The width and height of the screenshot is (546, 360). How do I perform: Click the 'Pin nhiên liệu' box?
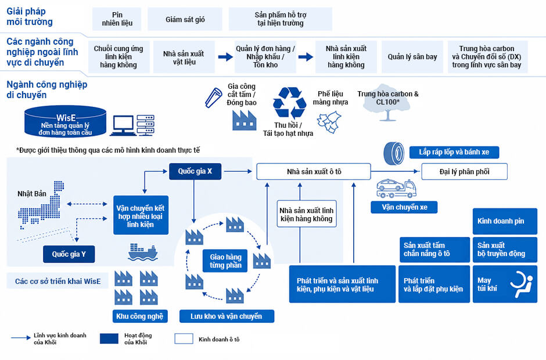[x=117, y=19]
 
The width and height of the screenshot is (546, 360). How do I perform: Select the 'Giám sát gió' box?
[x=185, y=19]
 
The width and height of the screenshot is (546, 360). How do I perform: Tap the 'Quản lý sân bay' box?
[x=412, y=57]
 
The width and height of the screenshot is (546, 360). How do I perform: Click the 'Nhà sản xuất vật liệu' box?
[x=184, y=57]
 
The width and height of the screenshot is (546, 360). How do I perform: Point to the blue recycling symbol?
[x=289, y=103]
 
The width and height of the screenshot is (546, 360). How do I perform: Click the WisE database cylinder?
[x=65, y=121]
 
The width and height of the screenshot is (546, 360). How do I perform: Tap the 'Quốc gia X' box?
[x=195, y=171]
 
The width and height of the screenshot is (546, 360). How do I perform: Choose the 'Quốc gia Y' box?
[x=69, y=254]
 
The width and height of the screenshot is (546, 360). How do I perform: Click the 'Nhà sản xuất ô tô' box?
[x=314, y=172]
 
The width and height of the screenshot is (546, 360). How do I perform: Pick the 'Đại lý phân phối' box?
[x=464, y=172]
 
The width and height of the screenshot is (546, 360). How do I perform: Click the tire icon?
[x=394, y=153]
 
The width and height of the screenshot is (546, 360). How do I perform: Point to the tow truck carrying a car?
[x=396, y=188]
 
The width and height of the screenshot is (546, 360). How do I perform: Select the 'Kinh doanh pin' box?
[x=505, y=221]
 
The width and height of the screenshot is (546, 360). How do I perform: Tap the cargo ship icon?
[x=143, y=252]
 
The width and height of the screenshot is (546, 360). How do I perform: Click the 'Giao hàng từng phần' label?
[x=225, y=261]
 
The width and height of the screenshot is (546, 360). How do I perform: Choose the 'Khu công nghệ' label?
[x=139, y=316]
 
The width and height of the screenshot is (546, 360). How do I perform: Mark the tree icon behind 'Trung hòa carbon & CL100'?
[x=387, y=103]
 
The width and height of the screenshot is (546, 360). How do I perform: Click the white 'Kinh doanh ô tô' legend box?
[x=184, y=339]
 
